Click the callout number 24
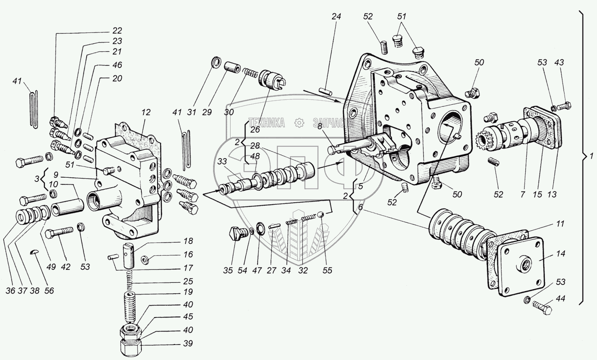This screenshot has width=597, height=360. [x=336, y=17]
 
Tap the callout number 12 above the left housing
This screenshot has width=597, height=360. [x=145, y=112]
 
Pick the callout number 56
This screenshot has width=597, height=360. [x=49, y=290]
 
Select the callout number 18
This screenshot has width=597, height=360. [x=188, y=241]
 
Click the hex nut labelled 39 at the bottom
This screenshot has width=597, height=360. [x=130, y=346]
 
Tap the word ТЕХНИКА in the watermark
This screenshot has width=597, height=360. [x=267, y=123]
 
